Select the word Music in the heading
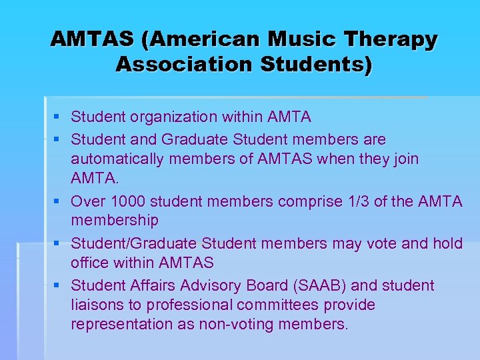(x=297, y=39)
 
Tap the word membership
(x=115, y=220)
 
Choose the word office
(x=90, y=263)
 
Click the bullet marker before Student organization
(x=58, y=118)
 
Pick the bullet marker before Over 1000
(x=58, y=202)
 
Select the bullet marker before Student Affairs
(x=58, y=286)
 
